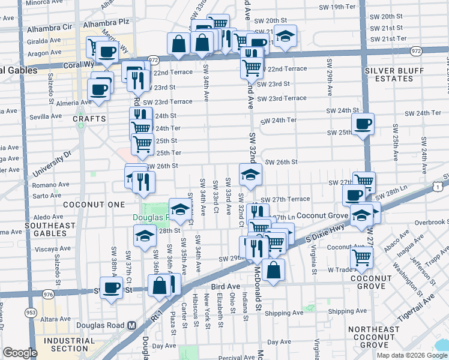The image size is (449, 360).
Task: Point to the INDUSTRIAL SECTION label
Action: click(x=70, y=344)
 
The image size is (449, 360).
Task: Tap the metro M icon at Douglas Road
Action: click(x=131, y=326)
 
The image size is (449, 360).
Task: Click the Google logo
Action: click(x=20, y=353)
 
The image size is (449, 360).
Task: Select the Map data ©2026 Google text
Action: click(x=412, y=355)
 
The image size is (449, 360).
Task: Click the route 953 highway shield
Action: click(x=30, y=313)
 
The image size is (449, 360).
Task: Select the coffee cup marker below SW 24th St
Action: click(x=363, y=125)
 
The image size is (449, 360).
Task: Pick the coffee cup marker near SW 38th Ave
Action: click(x=111, y=287)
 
